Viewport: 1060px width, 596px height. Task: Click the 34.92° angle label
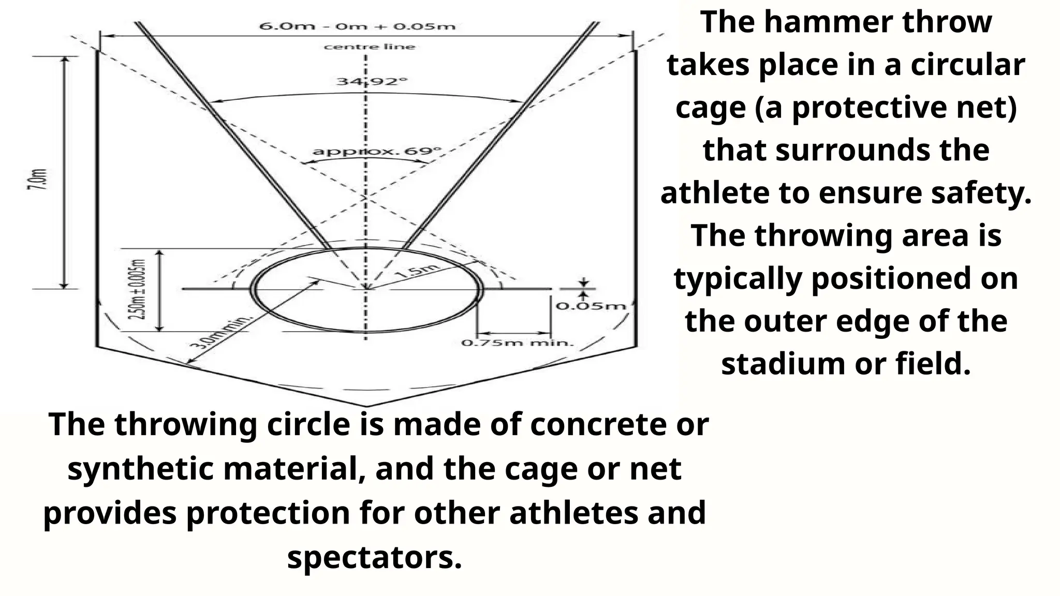(372, 82)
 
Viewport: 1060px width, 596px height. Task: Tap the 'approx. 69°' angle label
(377, 152)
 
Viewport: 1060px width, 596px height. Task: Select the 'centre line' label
(370, 47)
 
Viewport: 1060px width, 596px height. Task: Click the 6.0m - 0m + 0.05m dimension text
(357, 26)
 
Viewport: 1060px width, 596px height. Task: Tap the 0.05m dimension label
(591, 306)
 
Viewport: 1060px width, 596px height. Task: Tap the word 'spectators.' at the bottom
(374, 558)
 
